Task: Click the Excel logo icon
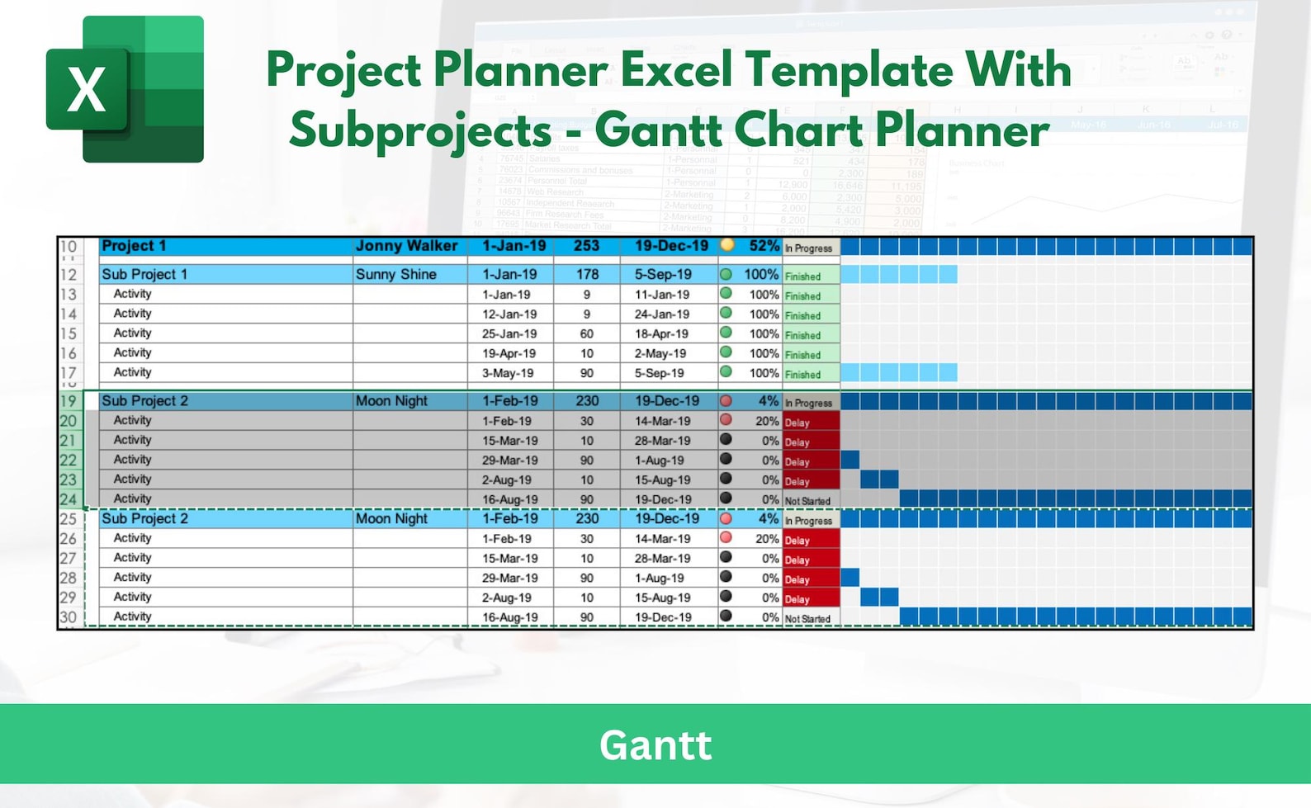pos(125,89)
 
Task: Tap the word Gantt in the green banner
pos(655,745)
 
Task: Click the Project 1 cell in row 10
pos(134,246)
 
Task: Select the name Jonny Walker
pos(406,246)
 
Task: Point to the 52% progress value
pos(763,246)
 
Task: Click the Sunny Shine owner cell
pos(396,274)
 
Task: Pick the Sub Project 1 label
pos(144,274)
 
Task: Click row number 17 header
pos(69,372)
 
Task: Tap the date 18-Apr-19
pos(661,334)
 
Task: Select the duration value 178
pos(587,274)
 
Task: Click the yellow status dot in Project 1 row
pos(726,245)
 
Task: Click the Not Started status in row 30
pos(807,618)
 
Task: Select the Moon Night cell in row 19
pos(391,401)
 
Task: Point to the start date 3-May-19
pos(508,373)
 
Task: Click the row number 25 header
pos(69,519)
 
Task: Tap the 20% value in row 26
pos(766,539)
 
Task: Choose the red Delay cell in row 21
pos(811,442)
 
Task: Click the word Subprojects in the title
pos(419,130)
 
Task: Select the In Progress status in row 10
pos(808,248)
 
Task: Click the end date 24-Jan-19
pos(661,314)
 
